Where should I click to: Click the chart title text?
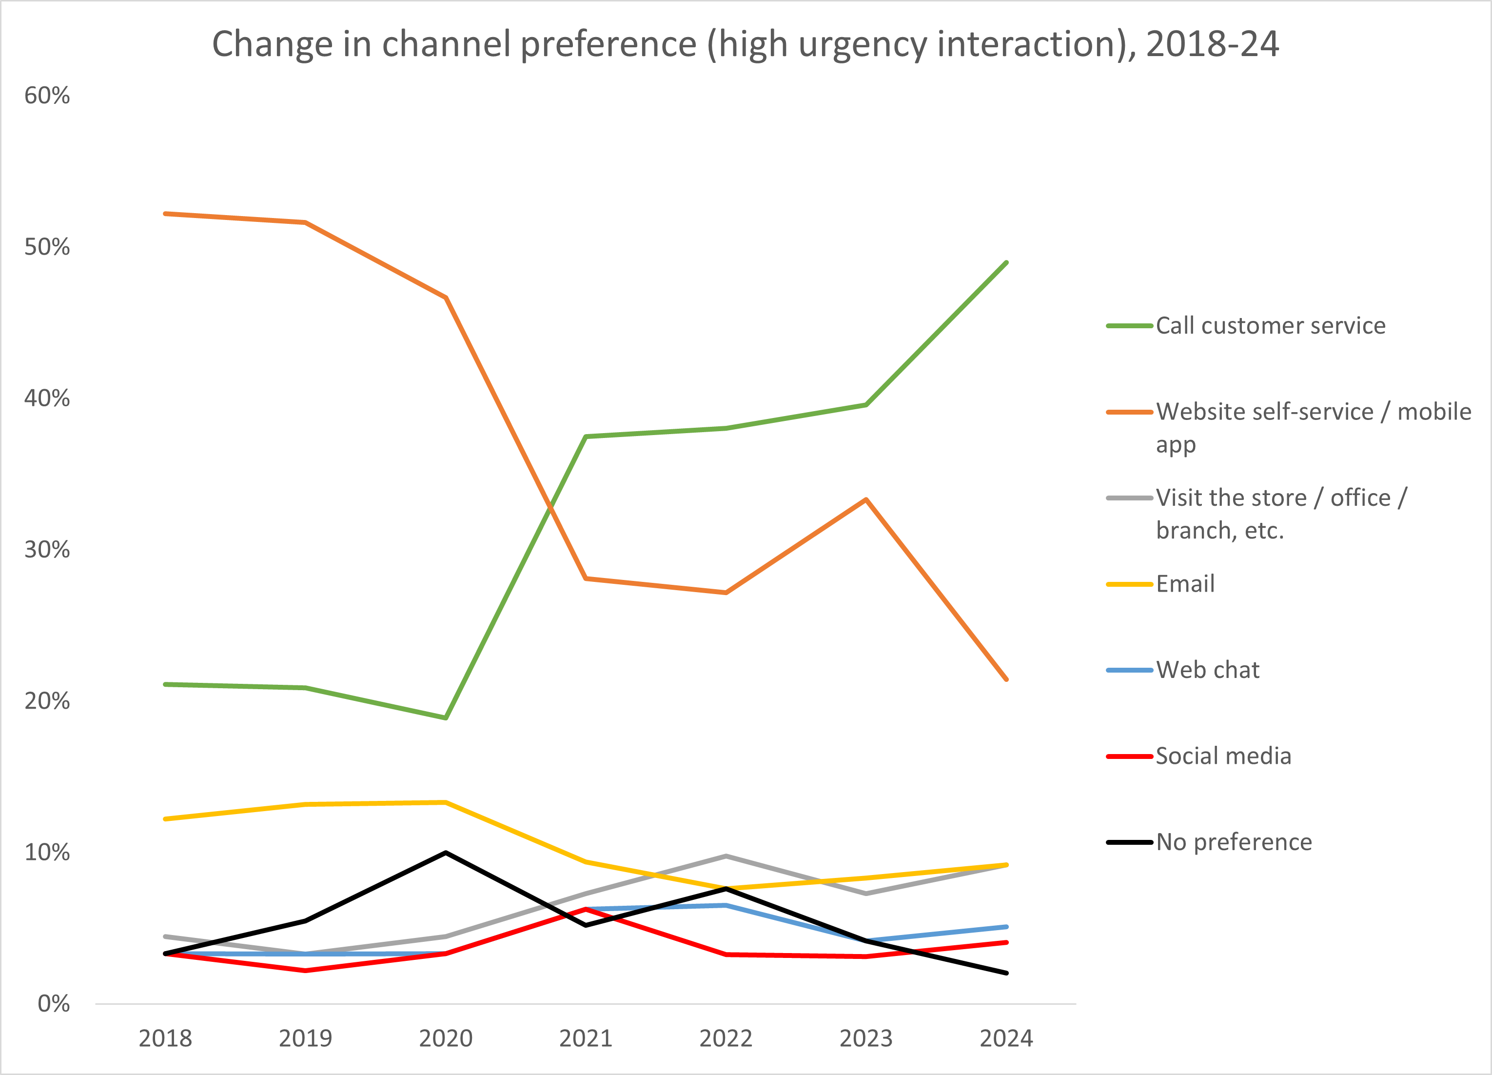[746, 45]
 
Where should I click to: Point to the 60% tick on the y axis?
[47, 96]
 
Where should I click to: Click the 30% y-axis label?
[47, 550]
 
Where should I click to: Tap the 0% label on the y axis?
[53, 1004]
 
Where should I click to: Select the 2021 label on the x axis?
[586, 1039]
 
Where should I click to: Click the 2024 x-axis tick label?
[1006, 1039]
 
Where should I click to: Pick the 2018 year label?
[165, 1039]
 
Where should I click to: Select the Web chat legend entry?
[1208, 670]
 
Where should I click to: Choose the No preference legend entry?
[1234, 842]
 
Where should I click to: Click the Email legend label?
[1185, 583]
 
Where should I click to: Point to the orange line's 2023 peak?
[866, 499]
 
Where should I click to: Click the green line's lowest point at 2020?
[446, 718]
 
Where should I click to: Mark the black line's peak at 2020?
[446, 853]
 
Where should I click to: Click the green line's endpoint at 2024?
[1006, 262]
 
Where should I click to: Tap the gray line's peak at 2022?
[726, 856]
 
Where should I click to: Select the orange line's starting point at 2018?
[165, 214]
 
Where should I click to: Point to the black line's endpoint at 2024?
[1006, 973]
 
